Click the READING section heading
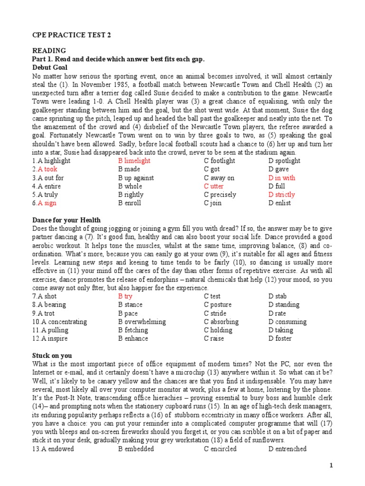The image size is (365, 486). (49, 51)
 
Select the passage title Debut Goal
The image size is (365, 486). (51, 67)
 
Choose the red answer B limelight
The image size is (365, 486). (134, 161)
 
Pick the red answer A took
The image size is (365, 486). (45, 169)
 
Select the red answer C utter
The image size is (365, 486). (213, 187)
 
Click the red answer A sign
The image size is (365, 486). (44, 203)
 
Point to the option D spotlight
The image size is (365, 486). (284, 161)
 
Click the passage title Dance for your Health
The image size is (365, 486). (67, 220)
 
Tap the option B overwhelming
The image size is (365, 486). (142, 322)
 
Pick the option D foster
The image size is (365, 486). (280, 338)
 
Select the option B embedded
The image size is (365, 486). (136, 449)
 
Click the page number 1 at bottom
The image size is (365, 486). (331, 466)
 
